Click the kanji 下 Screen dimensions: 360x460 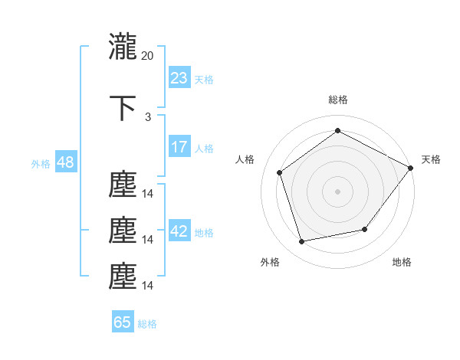[x=122, y=107]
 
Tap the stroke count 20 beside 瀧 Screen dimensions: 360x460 [x=148, y=55]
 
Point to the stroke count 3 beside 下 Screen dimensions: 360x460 [x=148, y=116]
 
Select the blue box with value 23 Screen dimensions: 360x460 [x=179, y=77]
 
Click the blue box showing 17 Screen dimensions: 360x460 [x=179, y=147]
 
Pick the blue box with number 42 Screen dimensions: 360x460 [x=179, y=231]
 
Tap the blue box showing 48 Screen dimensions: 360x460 [x=65, y=162]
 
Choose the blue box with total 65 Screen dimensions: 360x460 [x=123, y=322]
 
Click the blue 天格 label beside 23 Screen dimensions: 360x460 [x=204, y=79]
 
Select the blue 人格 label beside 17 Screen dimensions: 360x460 [x=204, y=149]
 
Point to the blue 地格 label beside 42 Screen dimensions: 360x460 [x=204, y=233]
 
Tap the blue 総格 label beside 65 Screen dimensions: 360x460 [x=147, y=324]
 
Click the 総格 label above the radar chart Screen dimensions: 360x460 [x=337, y=100]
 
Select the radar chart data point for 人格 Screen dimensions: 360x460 [x=280, y=172]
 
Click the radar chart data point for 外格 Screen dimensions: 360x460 [x=302, y=242]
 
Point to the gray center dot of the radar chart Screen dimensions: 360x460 [x=337, y=191]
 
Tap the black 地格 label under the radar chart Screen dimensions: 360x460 [x=402, y=263]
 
